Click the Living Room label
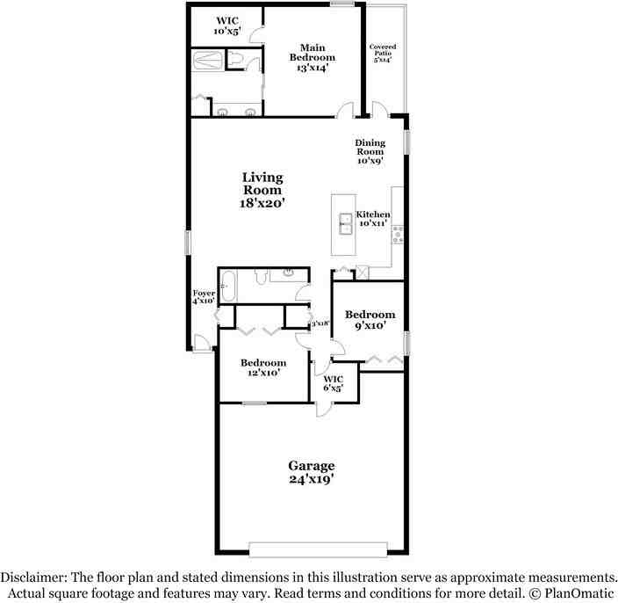point(262,190)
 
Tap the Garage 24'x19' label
point(312,473)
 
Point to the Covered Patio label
point(383,53)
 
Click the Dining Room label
point(370,151)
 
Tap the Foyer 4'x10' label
point(204,296)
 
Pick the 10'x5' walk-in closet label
point(226,25)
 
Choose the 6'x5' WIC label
point(333,383)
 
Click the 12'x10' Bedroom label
point(263,367)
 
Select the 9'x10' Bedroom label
point(370,320)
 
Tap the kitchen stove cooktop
point(398,233)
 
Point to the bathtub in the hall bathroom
point(226,286)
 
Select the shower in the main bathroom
point(207,61)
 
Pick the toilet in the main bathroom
point(236,59)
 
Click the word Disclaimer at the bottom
point(32,578)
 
